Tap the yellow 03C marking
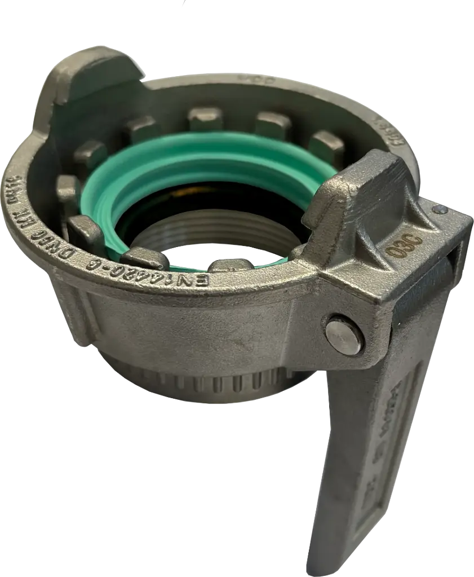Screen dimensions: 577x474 (x=405, y=245)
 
